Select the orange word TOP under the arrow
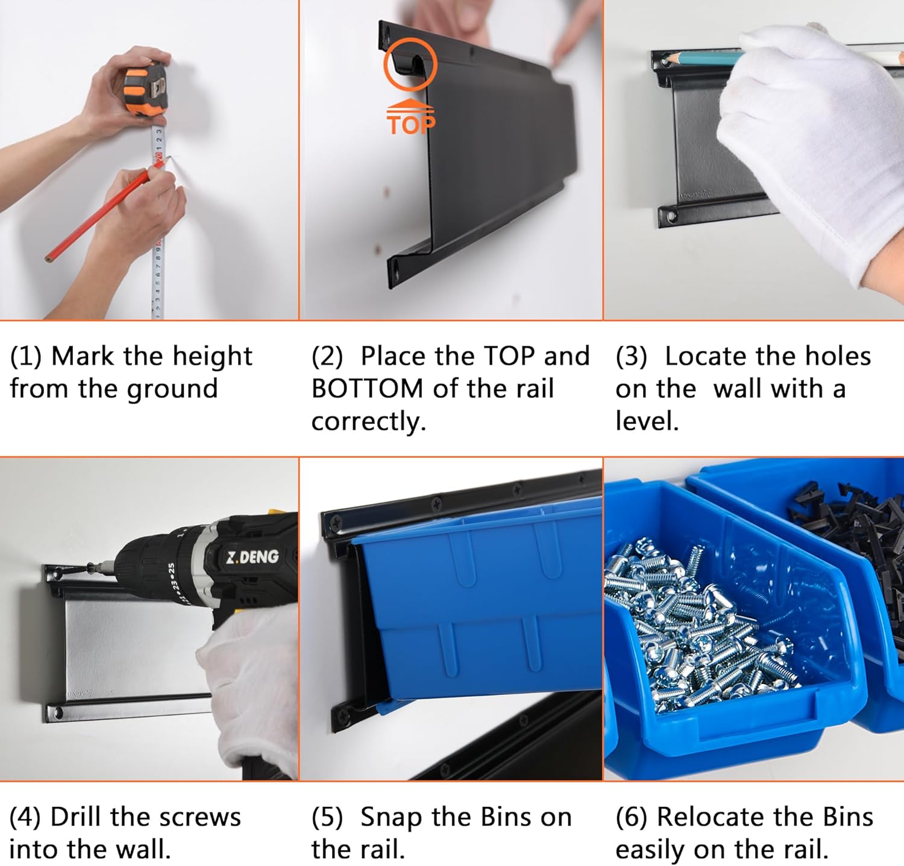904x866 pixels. point(410,125)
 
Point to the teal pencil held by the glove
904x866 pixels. point(705,58)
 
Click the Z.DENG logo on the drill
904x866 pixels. point(253,556)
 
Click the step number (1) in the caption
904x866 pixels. point(25,357)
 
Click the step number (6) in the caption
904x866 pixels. point(632,818)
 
